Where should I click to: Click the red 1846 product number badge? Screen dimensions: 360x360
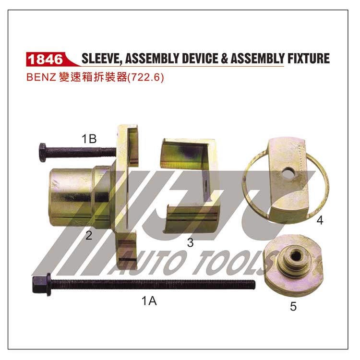(x=46, y=59)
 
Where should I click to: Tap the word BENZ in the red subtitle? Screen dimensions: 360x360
(x=41, y=77)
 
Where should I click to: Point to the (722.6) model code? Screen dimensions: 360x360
(x=145, y=77)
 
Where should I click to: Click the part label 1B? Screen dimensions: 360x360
(x=89, y=139)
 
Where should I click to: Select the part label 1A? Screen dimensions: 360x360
(x=149, y=300)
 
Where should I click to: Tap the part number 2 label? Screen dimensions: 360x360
(x=89, y=235)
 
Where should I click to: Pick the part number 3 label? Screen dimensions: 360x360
(x=190, y=243)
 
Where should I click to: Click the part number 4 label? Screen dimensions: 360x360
(x=320, y=220)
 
